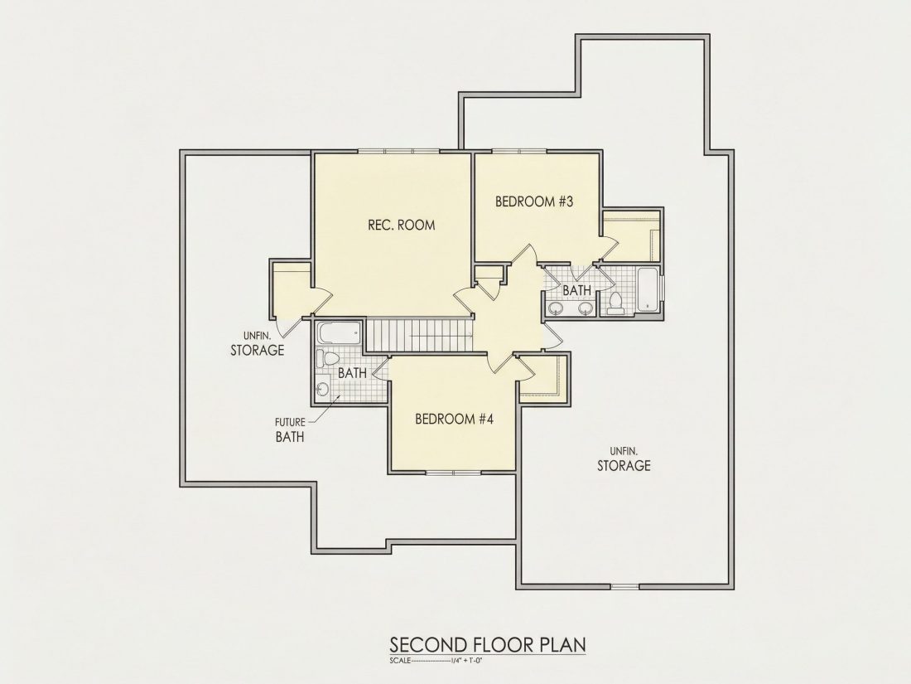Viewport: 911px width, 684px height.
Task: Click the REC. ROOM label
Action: coord(401,225)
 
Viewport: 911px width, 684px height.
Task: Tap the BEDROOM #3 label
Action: coord(534,201)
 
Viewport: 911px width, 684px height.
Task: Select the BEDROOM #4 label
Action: coord(454,419)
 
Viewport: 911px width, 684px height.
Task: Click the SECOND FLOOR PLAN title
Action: coord(488,645)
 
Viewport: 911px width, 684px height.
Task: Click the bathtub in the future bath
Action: coord(340,334)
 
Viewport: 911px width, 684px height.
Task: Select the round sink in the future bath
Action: coord(322,388)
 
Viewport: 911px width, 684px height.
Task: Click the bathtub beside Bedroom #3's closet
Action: coord(648,289)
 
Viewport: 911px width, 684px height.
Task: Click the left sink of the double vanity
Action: coord(557,308)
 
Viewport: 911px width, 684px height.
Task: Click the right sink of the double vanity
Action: coord(586,308)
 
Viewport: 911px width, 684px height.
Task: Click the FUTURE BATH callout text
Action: coord(290,429)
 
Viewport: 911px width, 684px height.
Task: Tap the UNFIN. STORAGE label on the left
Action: coord(258,344)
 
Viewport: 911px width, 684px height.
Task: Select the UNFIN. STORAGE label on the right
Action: coord(624,459)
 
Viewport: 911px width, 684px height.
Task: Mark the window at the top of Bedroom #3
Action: coord(518,152)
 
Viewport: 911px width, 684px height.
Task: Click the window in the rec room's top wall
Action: coord(399,152)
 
